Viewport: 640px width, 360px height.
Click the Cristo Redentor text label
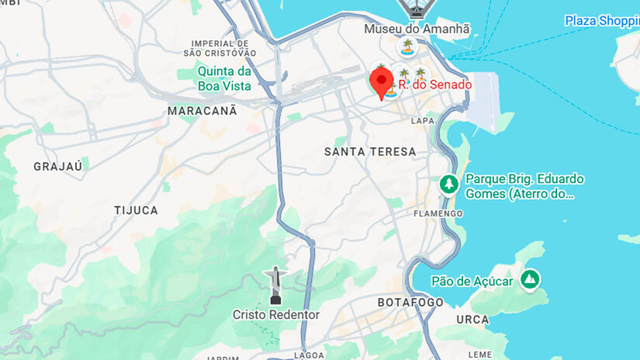[276, 314]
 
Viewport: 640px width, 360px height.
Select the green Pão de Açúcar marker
[530, 279]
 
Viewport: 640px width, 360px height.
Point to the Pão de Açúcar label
[472, 281]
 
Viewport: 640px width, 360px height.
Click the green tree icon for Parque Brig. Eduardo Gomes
[448, 185]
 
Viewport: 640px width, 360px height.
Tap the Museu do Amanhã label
[417, 29]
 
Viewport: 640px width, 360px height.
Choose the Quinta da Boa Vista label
[224, 79]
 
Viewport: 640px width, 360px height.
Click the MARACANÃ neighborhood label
[202, 111]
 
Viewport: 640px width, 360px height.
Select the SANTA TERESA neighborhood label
[370, 152]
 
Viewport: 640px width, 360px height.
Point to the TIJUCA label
[136, 210]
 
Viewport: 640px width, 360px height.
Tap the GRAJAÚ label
[58, 166]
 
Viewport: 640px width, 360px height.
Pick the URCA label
[472, 319]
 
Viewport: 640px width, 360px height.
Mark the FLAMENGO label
[438, 213]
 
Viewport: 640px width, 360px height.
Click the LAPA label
[423, 120]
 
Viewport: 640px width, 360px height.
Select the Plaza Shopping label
[601, 21]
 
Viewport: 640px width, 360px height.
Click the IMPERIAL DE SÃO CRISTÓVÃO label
[220, 48]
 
